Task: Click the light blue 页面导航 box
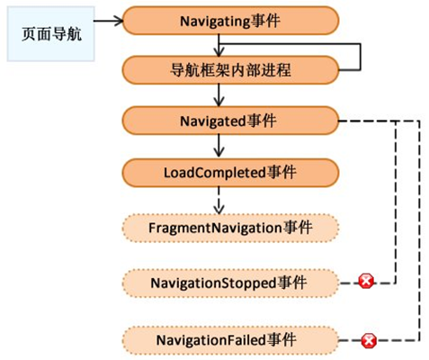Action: (x=51, y=34)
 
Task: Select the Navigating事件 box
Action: (x=230, y=21)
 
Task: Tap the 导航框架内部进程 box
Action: (x=230, y=70)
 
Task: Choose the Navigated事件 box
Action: (x=230, y=121)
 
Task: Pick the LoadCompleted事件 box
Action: (x=230, y=173)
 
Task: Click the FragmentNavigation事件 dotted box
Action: (x=230, y=228)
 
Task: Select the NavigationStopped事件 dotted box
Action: (x=230, y=283)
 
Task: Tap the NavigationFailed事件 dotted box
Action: (x=230, y=340)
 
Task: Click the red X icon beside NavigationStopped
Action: (x=366, y=282)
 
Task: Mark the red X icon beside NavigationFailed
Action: (x=369, y=340)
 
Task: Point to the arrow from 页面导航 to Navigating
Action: (x=109, y=21)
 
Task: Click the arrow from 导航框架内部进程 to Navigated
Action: (x=219, y=95)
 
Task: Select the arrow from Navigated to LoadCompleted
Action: (x=219, y=146)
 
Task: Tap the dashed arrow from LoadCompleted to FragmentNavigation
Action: (x=219, y=201)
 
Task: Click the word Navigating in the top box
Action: (x=215, y=22)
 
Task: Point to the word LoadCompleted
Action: (x=215, y=173)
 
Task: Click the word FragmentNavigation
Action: (x=215, y=229)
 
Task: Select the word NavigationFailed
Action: (x=211, y=340)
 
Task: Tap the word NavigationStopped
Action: (x=213, y=283)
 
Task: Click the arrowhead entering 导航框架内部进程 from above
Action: (x=219, y=53)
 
